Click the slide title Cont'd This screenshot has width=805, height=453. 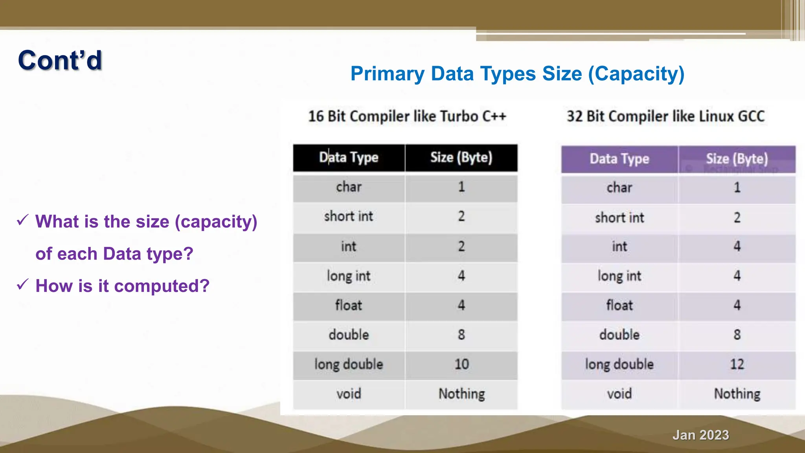pyautogui.click(x=60, y=61)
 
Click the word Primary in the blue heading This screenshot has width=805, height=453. pyautogui.click(x=388, y=74)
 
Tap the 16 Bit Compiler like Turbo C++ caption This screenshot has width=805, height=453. pyautogui.click(x=407, y=116)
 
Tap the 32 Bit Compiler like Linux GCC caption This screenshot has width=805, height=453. pyautogui.click(x=665, y=116)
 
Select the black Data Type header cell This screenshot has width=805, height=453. pyautogui.click(x=349, y=158)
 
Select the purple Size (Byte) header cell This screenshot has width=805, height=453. pyautogui.click(x=737, y=159)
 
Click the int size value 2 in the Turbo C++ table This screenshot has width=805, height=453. pyautogui.click(x=461, y=247)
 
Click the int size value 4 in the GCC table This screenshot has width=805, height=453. pyautogui.click(x=737, y=247)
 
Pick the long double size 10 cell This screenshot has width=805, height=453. pyautogui.click(x=461, y=364)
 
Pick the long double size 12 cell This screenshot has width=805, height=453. pyautogui.click(x=737, y=364)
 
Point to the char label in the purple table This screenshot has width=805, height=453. pyautogui.click(x=619, y=188)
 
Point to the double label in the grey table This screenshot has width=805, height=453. pyautogui.click(x=349, y=335)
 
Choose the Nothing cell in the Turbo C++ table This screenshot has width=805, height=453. pyautogui.click(x=461, y=394)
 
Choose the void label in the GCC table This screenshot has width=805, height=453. pyautogui.click(x=619, y=394)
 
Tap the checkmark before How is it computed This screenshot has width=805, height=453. pyautogui.click(x=23, y=284)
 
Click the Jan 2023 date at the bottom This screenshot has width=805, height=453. pyautogui.click(x=700, y=435)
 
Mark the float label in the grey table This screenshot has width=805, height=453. pyautogui.click(x=349, y=305)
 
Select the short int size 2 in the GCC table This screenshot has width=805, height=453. pyautogui.click(x=737, y=217)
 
